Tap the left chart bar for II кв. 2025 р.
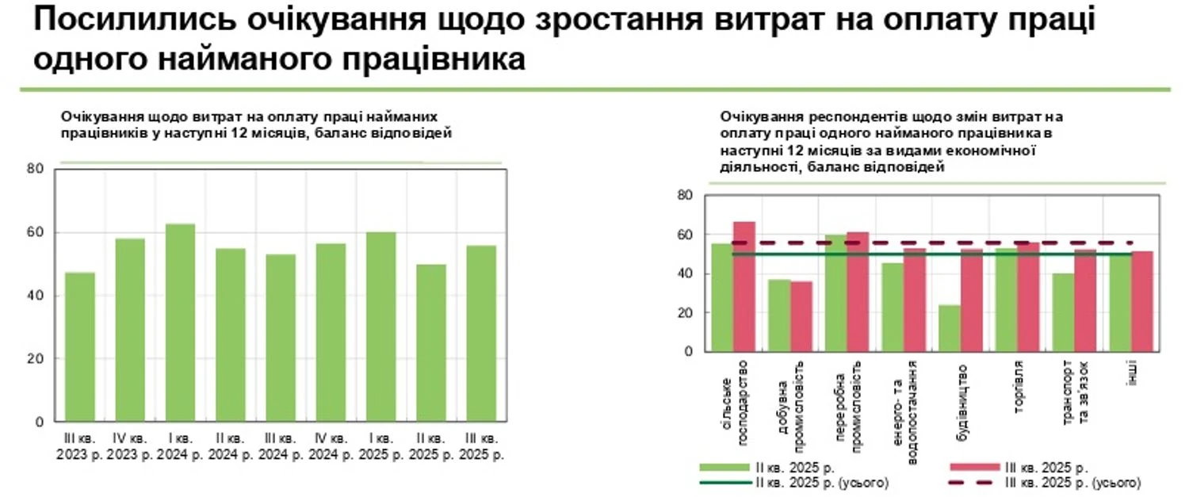pyautogui.click(x=431, y=342)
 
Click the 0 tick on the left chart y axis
pyautogui.click(x=40, y=422)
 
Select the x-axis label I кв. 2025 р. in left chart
pyautogui.click(x=380, y=447)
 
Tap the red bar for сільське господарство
pyautogui.click(x=744, y=287)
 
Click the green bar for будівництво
pyautogui.click(x=949, y=328)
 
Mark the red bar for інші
pyautogui.click(x=1141, y=301)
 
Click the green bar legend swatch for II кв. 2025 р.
pyautogui.click(x=724, y=467)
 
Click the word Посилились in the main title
pyautogui.click(x=135, y=21)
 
